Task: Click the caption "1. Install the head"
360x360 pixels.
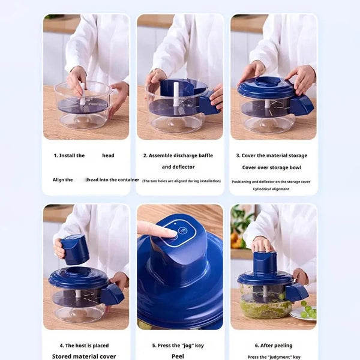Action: (x=84, y=155)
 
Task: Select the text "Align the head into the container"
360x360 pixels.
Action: (x=95, y=179)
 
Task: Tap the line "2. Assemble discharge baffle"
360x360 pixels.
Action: (x=178, y=155)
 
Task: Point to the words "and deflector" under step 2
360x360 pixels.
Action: (x=178, y=167)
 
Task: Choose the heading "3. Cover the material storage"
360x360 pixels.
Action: (x=272, y=155)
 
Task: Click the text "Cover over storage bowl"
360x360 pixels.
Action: (x=272, y=167)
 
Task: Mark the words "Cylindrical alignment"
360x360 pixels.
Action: (x=272, y=189)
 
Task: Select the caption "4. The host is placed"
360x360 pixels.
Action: (x=84, y=346)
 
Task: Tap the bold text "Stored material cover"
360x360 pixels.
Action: (x=84, y=356)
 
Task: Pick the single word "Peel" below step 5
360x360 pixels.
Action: (x=178, y=356)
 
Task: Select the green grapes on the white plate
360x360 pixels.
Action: (x=308, y=310)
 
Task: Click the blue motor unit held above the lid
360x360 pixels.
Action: (x=76, y=249)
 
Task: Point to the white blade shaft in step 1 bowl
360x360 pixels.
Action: (x=83, y=95)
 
